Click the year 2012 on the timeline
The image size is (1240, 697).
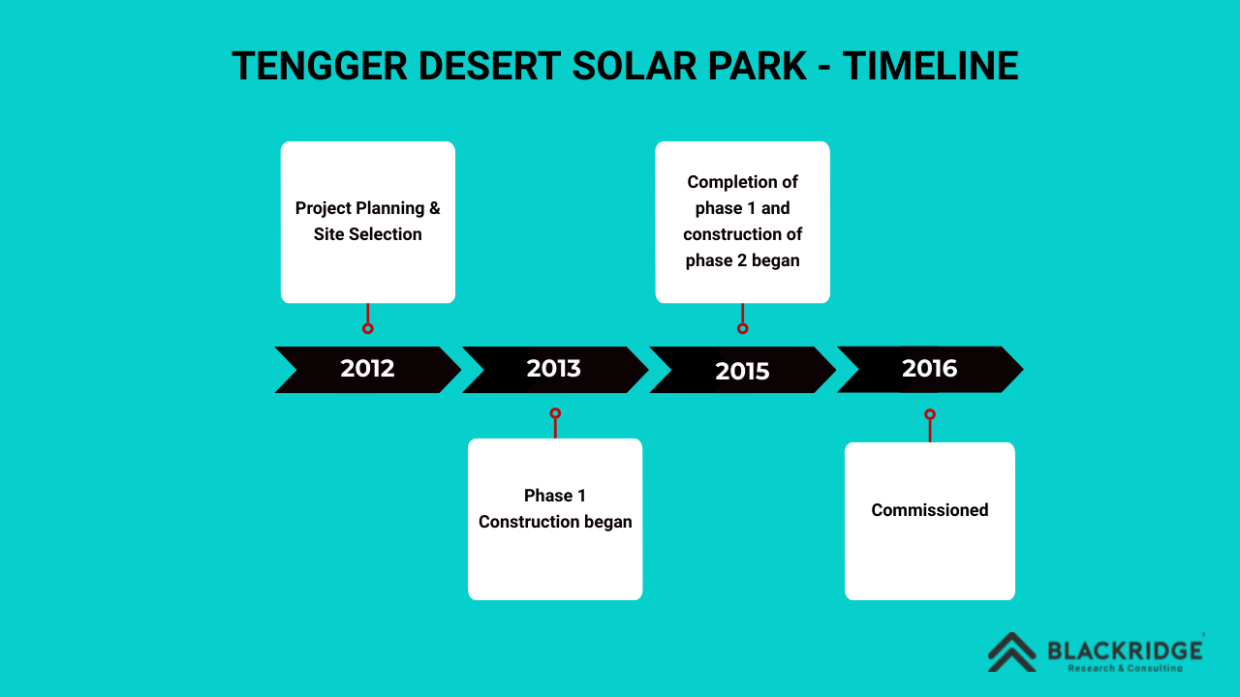[x=367, y=369]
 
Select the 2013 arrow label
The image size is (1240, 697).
[x=553, y=369]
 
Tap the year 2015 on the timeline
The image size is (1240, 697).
[x=742, y=371]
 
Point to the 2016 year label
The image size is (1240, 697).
[x=929, y=369]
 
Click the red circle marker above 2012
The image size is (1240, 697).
[x=367, y=328]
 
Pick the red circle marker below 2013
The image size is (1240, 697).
[x=555, y=413]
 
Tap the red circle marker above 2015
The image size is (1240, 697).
[x=742, y=328]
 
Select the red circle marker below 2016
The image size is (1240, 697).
[x=930, y=414]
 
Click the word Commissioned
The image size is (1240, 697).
[x=929, y=510]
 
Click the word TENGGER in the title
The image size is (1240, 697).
[x=320, y=67]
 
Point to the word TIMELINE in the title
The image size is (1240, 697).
[x=931, y=67]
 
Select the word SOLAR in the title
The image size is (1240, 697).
[x=635, y=67]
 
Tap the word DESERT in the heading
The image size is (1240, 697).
[x=489, y=67]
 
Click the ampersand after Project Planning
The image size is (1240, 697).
[x=435, y=208]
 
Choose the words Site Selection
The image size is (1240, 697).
[x=367, y=234]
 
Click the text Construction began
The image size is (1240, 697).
[x=555, y=522]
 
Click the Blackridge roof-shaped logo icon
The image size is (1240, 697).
[x=1012, y=652]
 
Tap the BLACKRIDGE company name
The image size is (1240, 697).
[x=1125, y=651]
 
